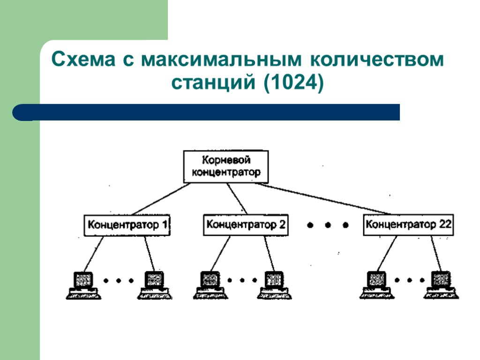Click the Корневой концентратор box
click(226, 166)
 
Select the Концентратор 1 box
click(127, 225)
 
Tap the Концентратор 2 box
click(246, 225)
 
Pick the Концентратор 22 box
click(408, 225)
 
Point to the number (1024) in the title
click(294, 83)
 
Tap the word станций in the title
click(213, 83)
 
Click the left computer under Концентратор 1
click(83, 285)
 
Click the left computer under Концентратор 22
click(376, 285)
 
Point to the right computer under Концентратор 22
click(442, 285)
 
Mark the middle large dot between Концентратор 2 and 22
click(328, 225)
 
